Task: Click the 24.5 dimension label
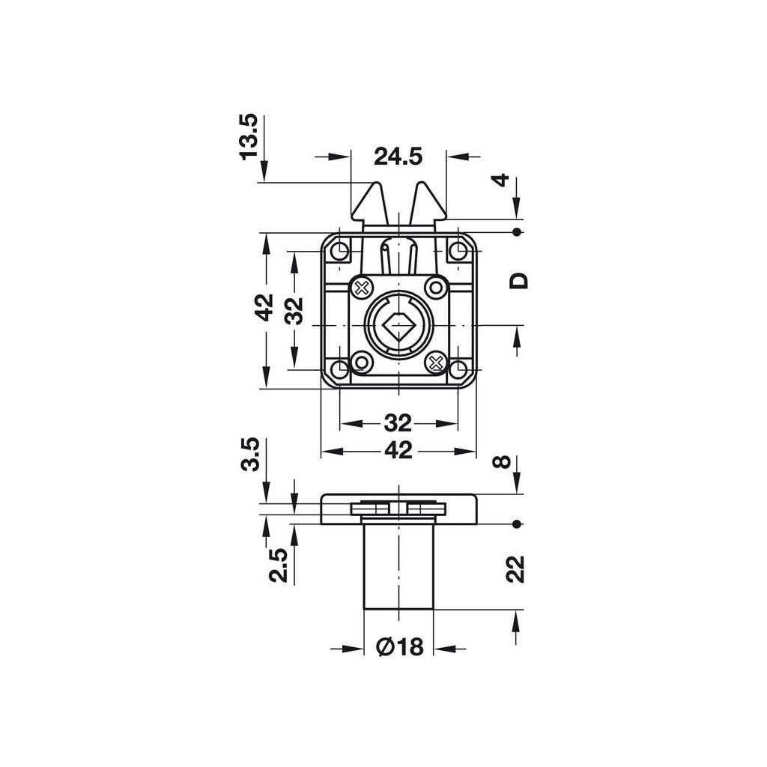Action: (x=398, y=157)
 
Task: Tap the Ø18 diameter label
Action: (x=399, y=647)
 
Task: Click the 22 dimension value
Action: (x=515, y=569)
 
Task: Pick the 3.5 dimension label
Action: (x=249, y=455)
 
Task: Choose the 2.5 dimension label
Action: (x=279, y=565)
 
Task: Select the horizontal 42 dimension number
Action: (x=398, y=450)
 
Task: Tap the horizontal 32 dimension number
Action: (x=398, y=423)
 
